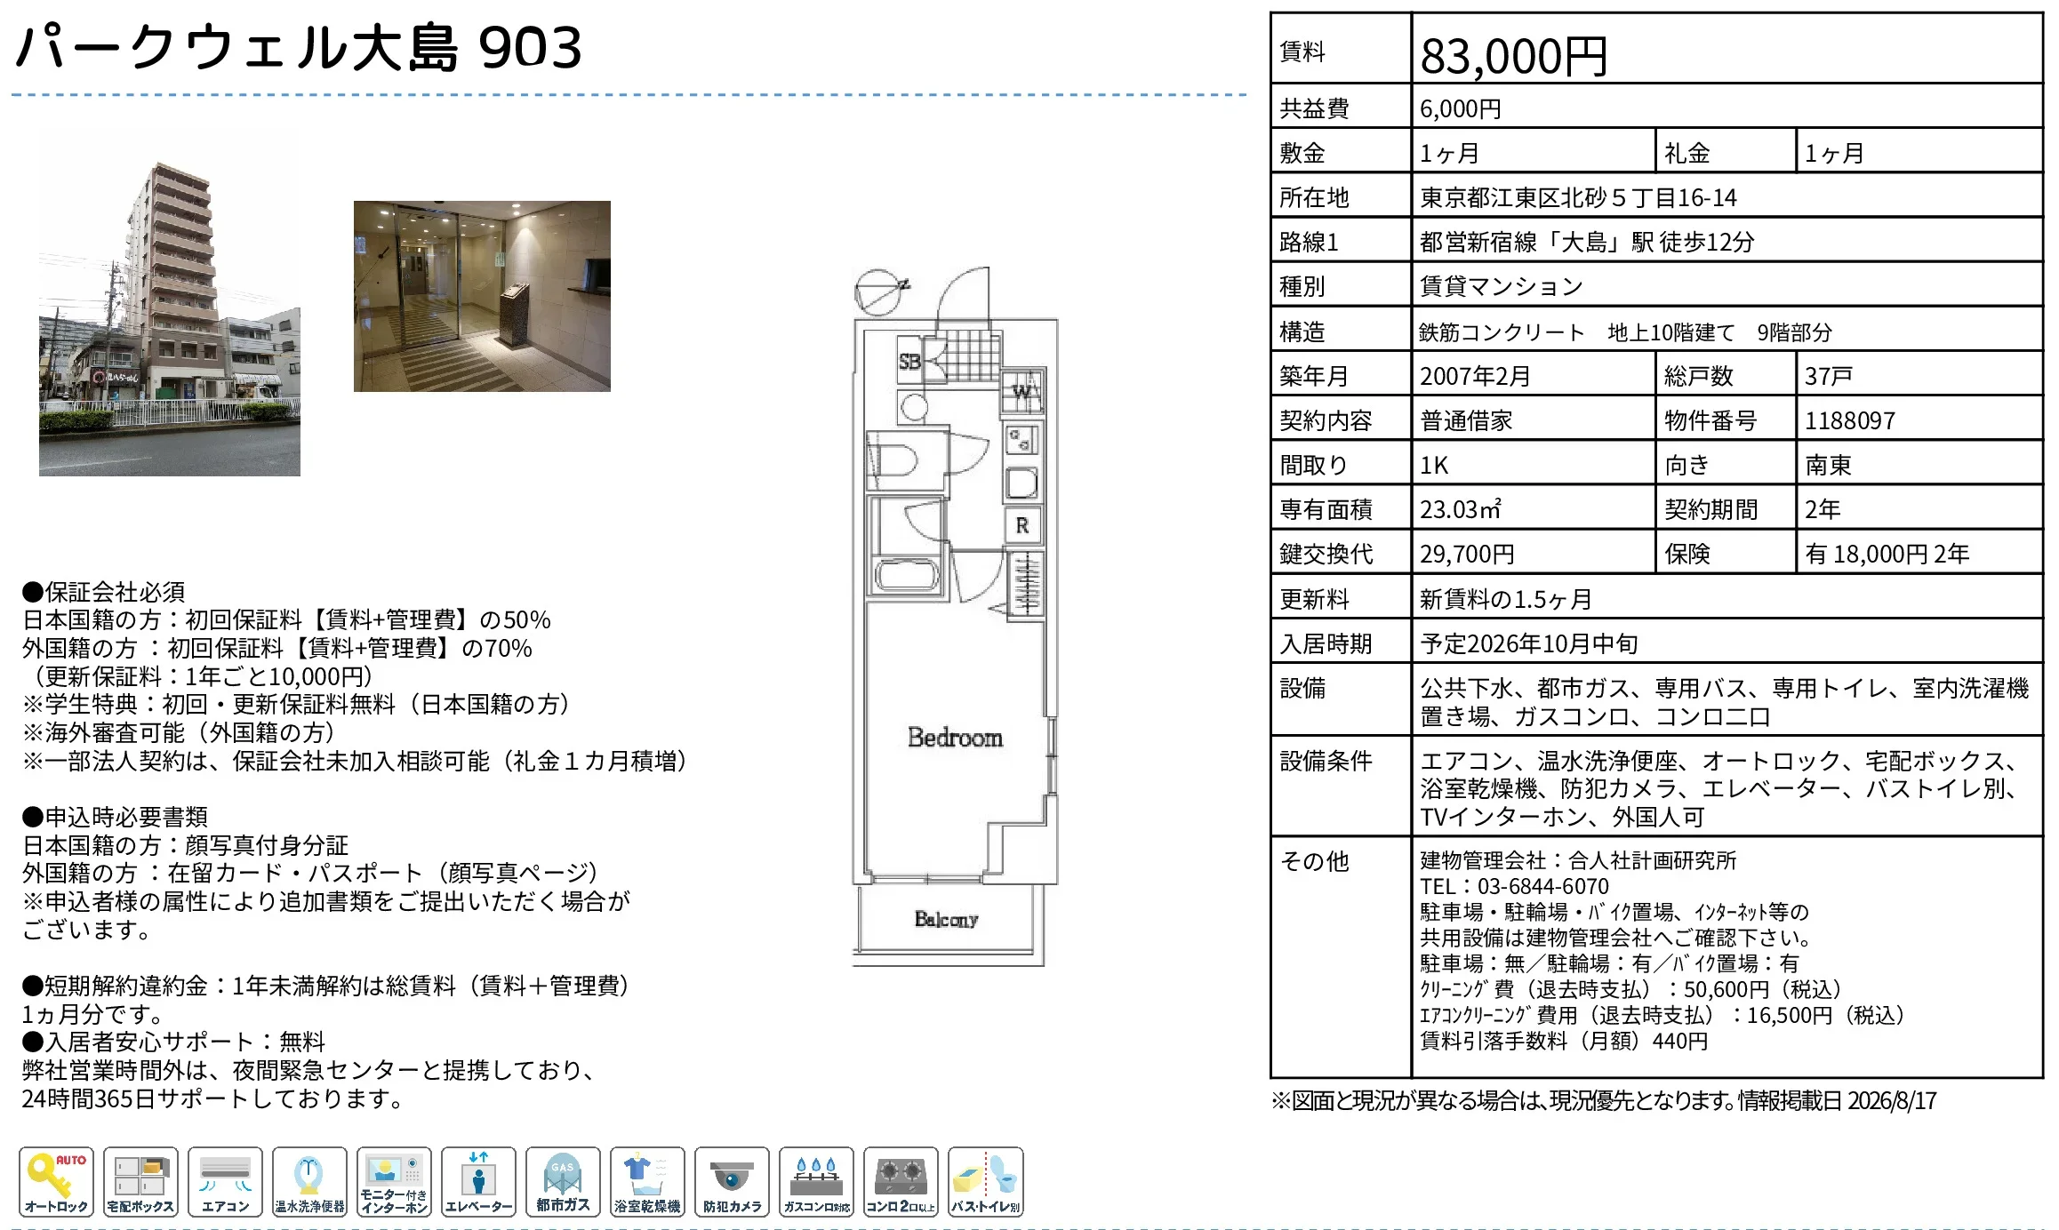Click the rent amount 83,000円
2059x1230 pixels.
[x=1513, y=56]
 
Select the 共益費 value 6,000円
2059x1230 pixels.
[x=1460, y=108]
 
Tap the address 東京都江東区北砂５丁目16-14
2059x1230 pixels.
[x=1578, y=197]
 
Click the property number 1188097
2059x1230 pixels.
[x=1849, y=420]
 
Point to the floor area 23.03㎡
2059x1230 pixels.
[x=1460, y=509]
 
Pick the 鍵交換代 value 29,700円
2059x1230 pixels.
[x=1467, y=555]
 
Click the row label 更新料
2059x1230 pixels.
[x=1314, y=599]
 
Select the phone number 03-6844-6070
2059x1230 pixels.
[x=1542, y=886]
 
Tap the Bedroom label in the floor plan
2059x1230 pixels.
[x=955, y=738]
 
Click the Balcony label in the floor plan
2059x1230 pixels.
[x=946, y=919]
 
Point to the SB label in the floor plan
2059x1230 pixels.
[x=909, y=362]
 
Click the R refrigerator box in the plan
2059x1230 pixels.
[x=1022, y=525]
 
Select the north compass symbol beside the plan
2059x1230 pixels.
[x=879, y=292]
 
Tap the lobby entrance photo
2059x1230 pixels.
[x=482, y=296]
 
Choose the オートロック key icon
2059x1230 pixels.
[x=56, y=1182]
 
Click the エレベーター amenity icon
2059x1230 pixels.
[x=478, y=1182]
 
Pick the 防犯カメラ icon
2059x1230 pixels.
[x=732, y=1182]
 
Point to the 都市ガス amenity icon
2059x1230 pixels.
[x=563, y=1182]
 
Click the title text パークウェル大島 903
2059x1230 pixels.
[x=299, y=47]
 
